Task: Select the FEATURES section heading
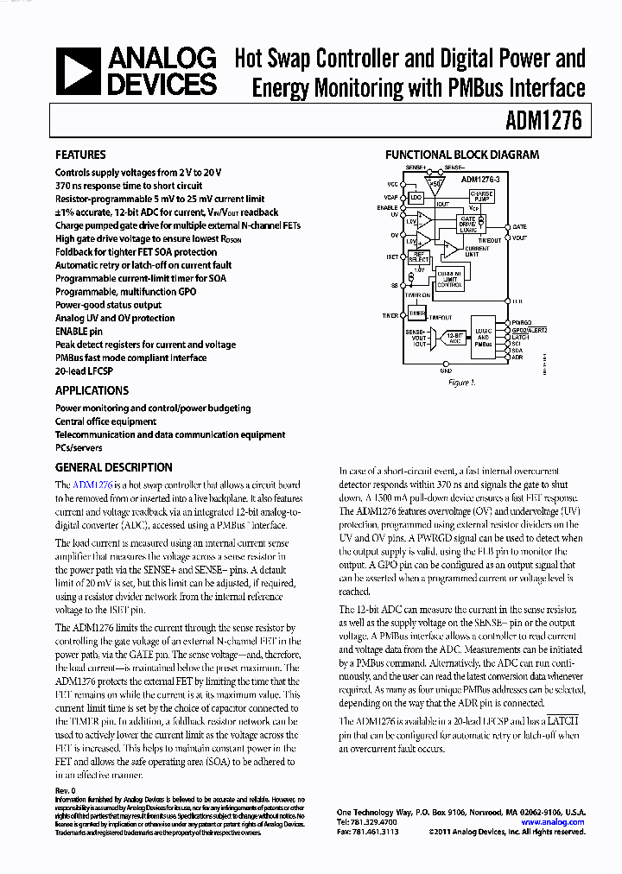[80, 155]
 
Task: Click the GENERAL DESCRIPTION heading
[113, 467]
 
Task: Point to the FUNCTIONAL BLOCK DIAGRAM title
[461, 155]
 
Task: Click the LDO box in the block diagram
[416, 198]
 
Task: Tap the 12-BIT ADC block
[453, 338]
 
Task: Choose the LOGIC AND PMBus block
[483, 338]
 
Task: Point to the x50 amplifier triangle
[435, 183]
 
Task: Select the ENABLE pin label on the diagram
[388, 208]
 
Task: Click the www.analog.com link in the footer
[555, 822]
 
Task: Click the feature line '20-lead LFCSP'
[85, 371]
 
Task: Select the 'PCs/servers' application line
[79, 448]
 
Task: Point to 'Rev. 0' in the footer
[66, 790]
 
